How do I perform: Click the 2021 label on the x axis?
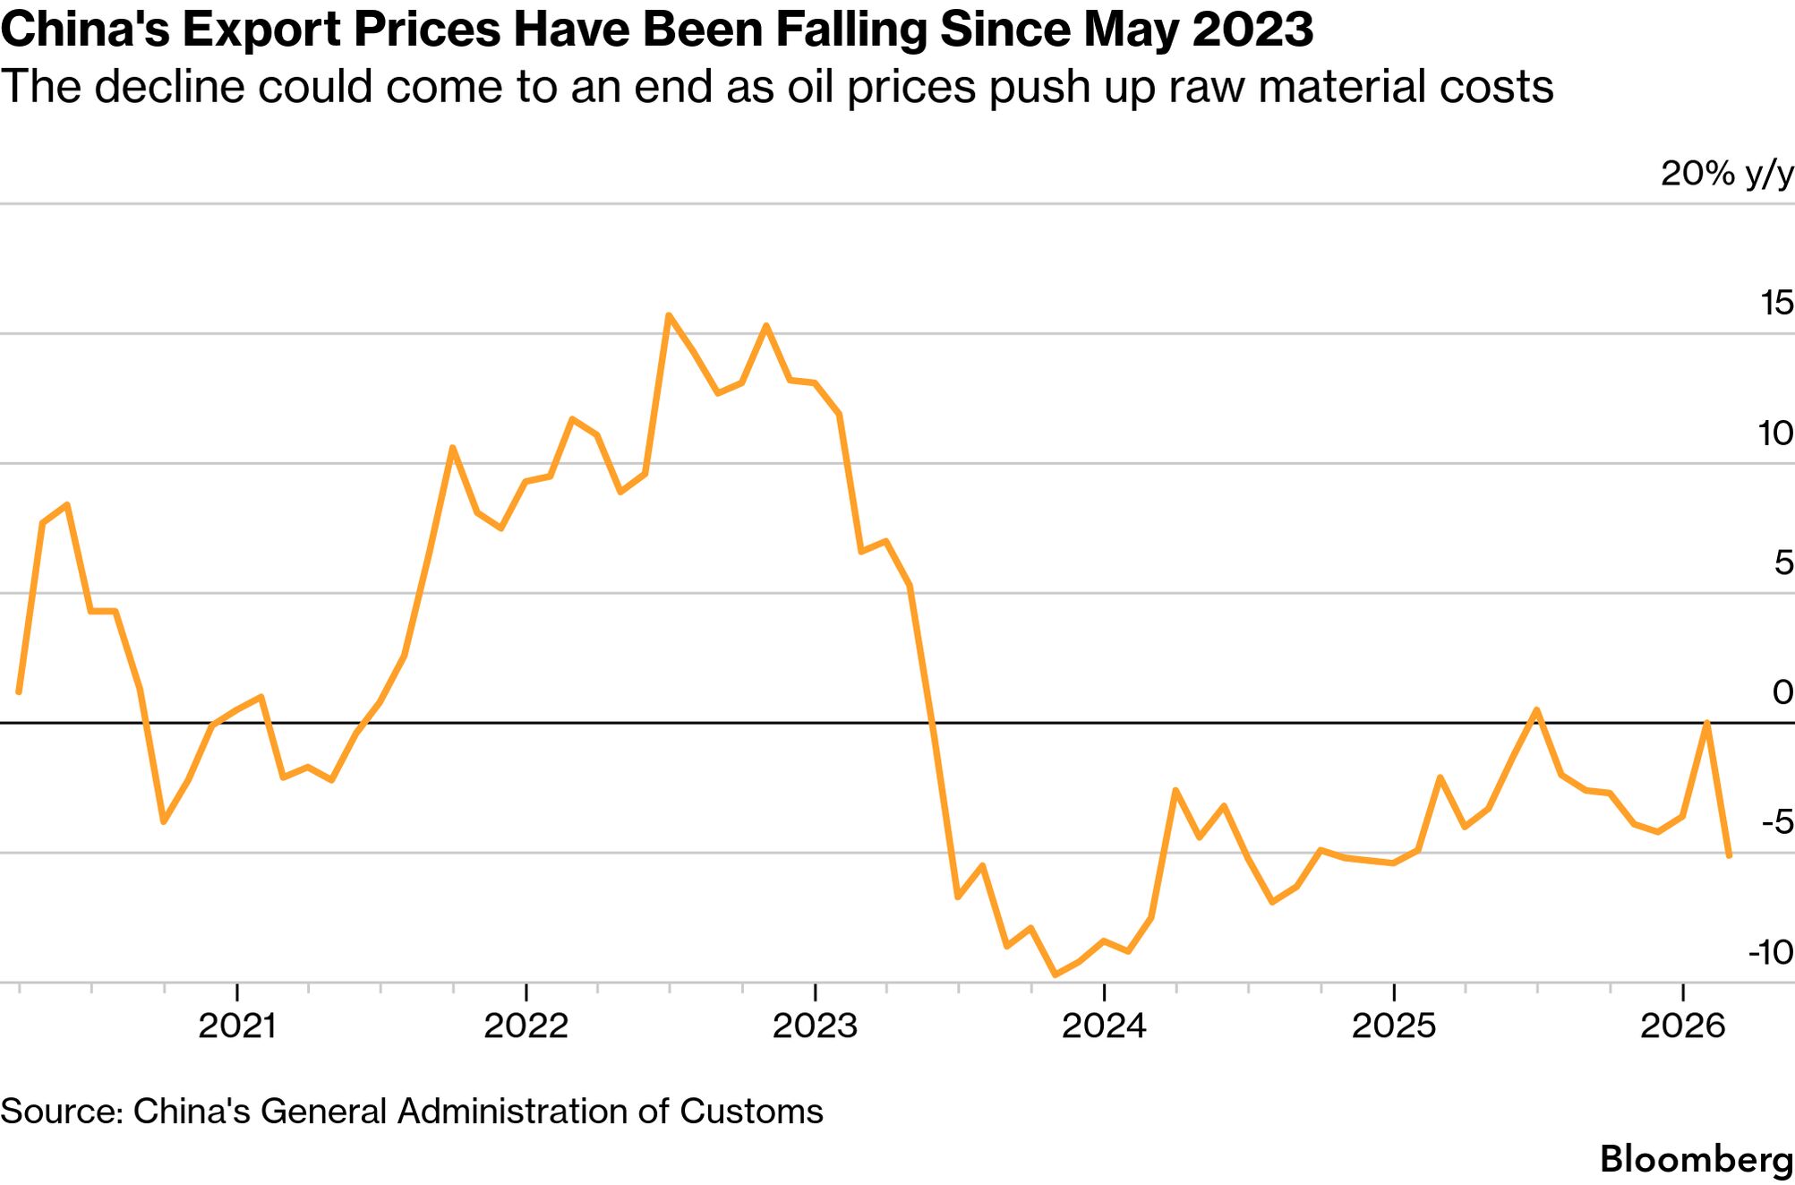pos(236,1026)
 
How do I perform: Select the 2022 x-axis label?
pos(526,1026)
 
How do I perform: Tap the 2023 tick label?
pos(815,1026)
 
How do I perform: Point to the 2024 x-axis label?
pos(1104,1026)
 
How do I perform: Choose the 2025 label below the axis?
pos(1393,1026)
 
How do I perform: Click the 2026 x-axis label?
pos(1682,1026)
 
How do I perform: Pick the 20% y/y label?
pos(1727,174)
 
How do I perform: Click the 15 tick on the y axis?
pos(1776,304)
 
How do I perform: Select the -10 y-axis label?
pos(1770,952)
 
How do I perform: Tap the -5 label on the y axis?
pos(1776,822)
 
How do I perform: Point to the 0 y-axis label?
pos(1782,692)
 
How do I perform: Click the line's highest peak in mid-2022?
pos(669,315)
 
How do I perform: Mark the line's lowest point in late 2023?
pos(1055,975)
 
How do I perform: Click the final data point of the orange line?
pos(1729,856)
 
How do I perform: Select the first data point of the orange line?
pos(19,691)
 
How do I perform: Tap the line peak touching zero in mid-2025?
pos(1536,710)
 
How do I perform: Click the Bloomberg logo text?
pos(1697,1159)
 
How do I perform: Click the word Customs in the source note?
pos(751,1112)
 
